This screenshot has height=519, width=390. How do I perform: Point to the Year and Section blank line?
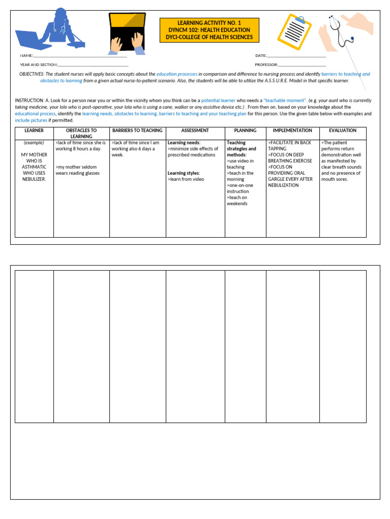point(93,65)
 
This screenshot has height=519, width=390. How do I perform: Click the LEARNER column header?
point(34,131)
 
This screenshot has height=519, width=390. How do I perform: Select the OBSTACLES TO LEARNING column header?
point(81,133)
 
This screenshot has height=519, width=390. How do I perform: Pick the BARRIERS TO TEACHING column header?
point(138,131)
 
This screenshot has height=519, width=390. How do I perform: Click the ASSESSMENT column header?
point(195,131)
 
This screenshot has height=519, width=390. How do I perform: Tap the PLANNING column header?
point(245,131)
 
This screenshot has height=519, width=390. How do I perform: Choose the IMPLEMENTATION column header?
point(292,131)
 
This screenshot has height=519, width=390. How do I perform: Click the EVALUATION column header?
point(343,131)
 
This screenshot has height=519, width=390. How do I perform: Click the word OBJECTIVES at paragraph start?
point(31,74)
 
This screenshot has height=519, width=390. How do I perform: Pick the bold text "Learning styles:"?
point(184,173)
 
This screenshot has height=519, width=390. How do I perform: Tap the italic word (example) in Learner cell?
point(34,143)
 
